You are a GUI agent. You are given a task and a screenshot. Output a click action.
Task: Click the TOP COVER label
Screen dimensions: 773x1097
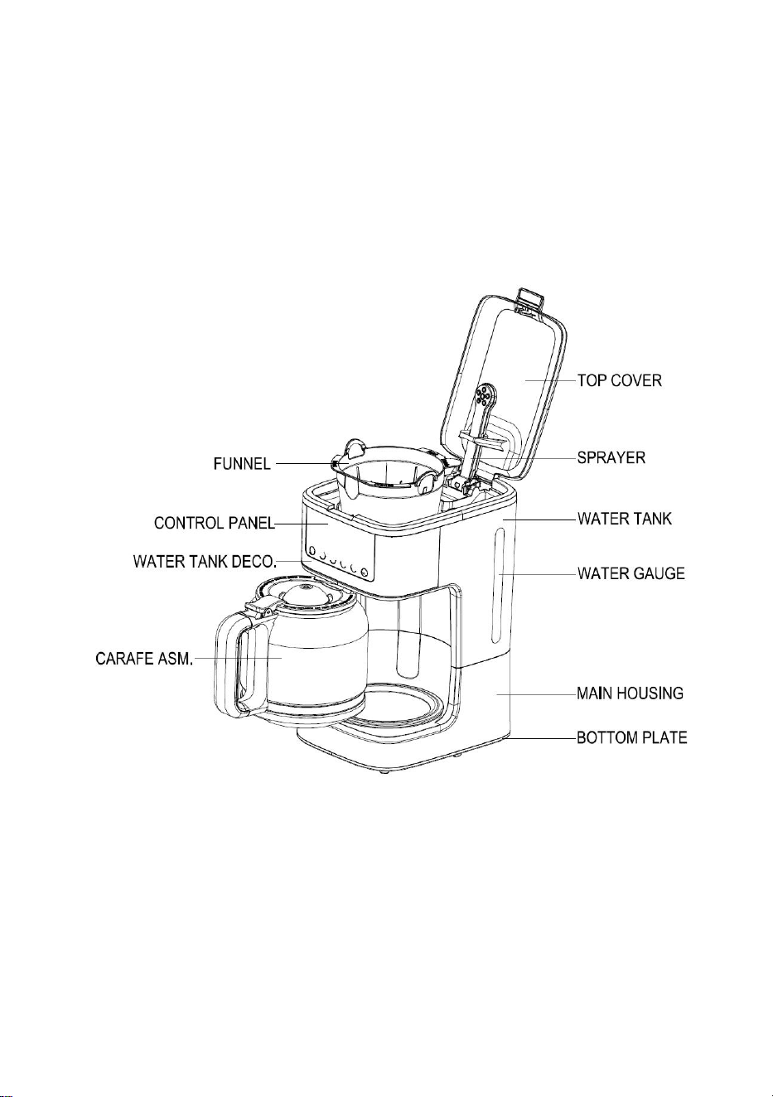click(619, 380)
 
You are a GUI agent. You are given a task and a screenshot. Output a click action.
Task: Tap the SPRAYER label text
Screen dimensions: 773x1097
click(611, 457)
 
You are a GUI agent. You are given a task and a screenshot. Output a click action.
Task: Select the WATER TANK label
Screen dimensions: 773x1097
click(624, 519)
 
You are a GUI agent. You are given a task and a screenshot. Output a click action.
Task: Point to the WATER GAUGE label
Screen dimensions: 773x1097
click(631, 573)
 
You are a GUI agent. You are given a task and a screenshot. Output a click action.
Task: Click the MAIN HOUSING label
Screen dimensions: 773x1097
click(630, 693)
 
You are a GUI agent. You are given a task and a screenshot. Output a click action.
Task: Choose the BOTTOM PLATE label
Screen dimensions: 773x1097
click(632, 737)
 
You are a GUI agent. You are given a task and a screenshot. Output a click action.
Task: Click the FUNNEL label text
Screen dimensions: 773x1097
click(242, 463)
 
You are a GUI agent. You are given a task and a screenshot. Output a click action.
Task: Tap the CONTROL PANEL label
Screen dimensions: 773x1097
click(215, 524)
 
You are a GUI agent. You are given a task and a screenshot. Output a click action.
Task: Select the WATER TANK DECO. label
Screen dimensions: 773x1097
click(205, 561)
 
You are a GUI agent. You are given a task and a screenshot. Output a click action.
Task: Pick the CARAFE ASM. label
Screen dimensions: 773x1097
click(144, 659)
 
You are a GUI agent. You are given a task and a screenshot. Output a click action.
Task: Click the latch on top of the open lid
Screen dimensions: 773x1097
click(530, 299)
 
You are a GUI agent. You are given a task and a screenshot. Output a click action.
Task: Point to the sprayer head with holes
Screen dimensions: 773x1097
click(483, 394)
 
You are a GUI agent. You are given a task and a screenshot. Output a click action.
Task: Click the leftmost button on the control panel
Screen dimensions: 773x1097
click(312, 550)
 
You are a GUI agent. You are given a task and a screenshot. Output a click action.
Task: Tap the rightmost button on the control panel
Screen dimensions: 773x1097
click(364, 572)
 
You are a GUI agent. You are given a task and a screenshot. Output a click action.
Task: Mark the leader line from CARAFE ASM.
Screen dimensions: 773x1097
click(238, 658)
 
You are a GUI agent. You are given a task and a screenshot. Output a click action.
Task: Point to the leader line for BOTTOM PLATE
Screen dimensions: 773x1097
click(544, 738)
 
